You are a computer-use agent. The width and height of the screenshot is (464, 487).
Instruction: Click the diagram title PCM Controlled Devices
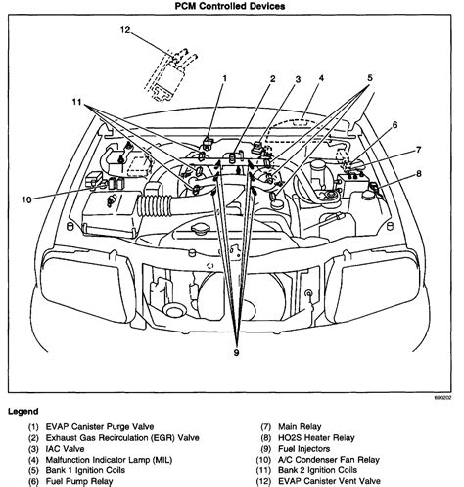tap(230, 6)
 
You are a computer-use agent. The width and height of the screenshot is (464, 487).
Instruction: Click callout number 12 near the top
tap(125, 30)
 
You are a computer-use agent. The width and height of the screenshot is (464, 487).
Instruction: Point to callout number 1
tap(224, 78)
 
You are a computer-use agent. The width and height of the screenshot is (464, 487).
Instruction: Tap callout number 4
tap(321, 78)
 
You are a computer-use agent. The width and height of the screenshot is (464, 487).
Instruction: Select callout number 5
tap(370, 78)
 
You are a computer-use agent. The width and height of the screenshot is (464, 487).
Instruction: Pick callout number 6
tap(394, 125)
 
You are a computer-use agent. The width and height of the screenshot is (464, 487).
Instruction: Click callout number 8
tap(419, 174)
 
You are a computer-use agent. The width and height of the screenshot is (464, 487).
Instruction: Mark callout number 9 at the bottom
tap(237, 353)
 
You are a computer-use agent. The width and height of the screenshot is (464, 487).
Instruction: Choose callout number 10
tap(26, 199)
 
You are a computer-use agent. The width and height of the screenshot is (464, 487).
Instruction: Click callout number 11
tap(76, 102)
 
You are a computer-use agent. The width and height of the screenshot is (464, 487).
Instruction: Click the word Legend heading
tap(23, 411)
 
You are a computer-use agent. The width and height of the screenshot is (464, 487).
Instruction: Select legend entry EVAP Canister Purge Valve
tap(100, 426)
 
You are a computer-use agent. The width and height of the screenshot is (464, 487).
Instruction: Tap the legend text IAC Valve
tap(65, 449)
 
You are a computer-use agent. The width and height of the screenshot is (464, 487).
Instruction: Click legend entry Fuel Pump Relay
tap(79, 481)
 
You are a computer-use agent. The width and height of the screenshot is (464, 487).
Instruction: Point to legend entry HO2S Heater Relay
tap(316, 438)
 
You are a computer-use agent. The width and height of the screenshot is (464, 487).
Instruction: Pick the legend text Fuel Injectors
tap(303, 449)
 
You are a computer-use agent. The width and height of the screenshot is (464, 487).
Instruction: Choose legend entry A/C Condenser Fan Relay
tap(329, 460)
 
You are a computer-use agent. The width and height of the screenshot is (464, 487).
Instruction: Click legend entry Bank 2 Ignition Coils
tap(317, 470)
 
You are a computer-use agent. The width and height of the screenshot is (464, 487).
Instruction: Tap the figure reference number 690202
tap(442, 398)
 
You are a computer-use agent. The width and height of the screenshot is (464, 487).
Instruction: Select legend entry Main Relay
tap(300, 426)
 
